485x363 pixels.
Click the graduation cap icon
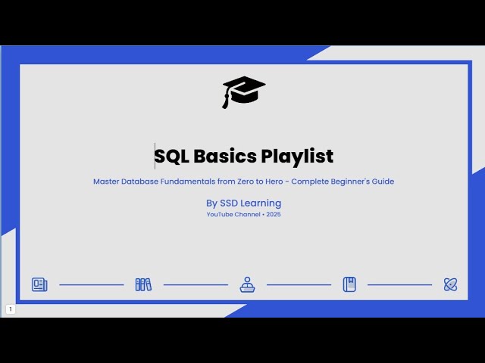point(243,92)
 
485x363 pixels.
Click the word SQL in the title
point(172,157)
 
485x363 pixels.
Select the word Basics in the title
point(225,157)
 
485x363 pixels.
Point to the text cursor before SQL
point(155,155)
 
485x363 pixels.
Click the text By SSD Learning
point(243,203)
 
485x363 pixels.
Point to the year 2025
point(274,215)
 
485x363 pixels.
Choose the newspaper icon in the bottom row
point(39,284)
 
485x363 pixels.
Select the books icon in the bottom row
point(143,284)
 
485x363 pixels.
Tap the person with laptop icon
point(247,284)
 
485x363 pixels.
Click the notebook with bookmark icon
point(349,284)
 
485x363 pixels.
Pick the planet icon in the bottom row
point(450,284)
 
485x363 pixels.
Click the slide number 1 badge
point(11,309)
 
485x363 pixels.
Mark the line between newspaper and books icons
point(91,285)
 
